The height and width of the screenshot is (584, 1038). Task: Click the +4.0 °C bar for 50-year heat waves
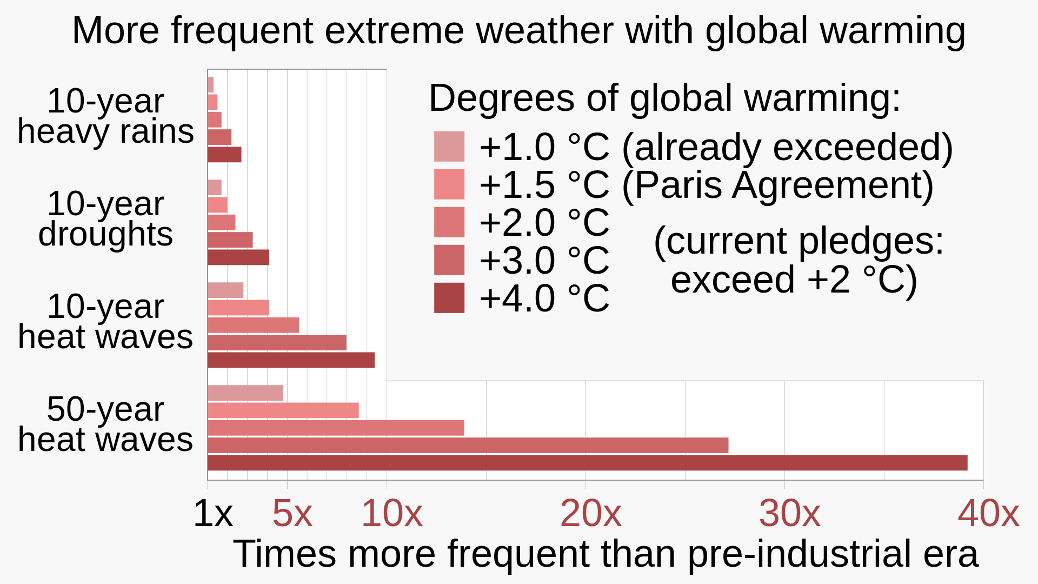click(x=587, y=463)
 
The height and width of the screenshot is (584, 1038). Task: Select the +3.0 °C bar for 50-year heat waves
click(x=468, y=446)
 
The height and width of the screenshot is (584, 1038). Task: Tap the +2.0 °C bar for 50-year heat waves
click(x=336, y=428)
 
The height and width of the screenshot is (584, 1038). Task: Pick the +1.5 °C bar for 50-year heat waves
click(x=283, y=410)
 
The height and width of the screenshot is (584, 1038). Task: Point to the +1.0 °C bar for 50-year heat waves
click(x=245, y=393)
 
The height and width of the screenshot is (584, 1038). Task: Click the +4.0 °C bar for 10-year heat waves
click(x=291, y=360)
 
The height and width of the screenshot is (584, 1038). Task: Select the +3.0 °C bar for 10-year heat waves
click(x=277, y=343)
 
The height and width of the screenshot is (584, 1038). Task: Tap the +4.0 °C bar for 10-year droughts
click(x=238, y=257)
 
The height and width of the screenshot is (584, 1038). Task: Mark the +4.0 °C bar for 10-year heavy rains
click(x=224, y=155)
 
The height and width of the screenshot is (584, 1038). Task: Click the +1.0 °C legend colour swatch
click(x=449, y=147)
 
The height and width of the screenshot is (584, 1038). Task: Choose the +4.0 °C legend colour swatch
click(x=449, y=298)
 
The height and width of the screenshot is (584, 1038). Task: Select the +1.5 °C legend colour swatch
click(x=449, y=184)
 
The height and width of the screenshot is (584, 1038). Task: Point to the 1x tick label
click(x=212, y=513)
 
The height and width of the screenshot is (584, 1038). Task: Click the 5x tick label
click(x=292, y=513)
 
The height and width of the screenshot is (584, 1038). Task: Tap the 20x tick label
click(x=590, y=513)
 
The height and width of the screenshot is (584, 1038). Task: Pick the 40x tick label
click(x=988, y=513)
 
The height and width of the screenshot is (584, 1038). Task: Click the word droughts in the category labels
click(x=105, y=234)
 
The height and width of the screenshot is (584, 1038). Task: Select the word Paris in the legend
click(x=678, y=185)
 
